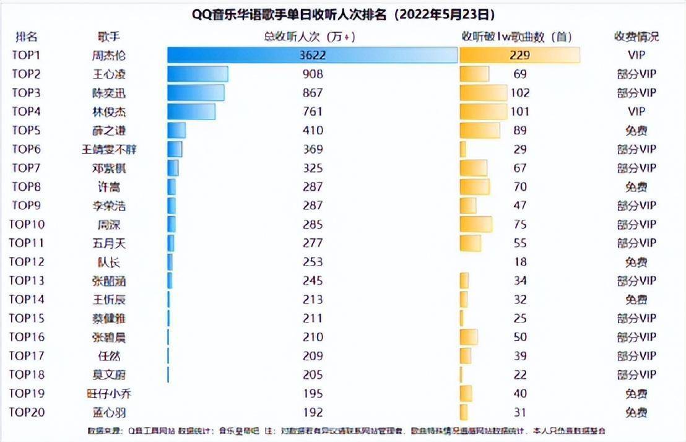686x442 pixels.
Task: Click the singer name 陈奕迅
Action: (104, 93)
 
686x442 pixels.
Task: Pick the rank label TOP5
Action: (26, 131)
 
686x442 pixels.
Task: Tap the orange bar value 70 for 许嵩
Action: (520, 187)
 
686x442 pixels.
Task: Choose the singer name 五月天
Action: (104, 243)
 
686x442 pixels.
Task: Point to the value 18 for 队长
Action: (520, 262)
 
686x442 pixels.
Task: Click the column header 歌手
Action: (104, 37)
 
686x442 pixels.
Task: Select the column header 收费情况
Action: (636, 37)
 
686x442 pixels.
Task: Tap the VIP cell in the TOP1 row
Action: (636, 55)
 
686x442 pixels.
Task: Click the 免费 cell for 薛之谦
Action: (636, 131)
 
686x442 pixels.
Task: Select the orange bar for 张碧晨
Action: (469, 337)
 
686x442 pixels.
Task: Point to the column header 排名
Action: (26, 37)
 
